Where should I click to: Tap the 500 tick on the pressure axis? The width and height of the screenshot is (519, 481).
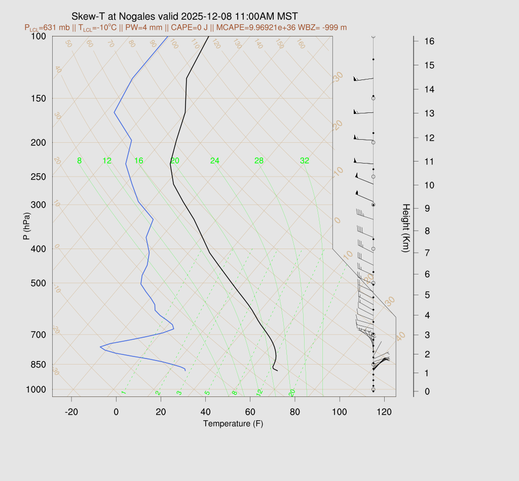point(39,283)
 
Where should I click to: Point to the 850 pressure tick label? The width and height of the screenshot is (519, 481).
point(39,365)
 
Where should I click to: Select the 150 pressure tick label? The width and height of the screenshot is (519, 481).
point(39,98)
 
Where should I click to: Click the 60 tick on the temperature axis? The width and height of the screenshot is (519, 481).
point(250,412)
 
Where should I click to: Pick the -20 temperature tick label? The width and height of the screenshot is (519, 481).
point(71,412)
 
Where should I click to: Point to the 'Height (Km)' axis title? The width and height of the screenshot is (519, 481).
point(405,228)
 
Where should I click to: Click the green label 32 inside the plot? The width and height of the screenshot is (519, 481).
point(304,161)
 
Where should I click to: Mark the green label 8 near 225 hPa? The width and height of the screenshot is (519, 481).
point(79,161)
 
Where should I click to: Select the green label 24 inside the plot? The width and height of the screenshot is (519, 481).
point(215,161)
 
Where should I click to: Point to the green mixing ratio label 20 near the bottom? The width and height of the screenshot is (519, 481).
point(292,393)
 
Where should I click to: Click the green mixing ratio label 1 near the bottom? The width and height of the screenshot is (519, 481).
point(124,393)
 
